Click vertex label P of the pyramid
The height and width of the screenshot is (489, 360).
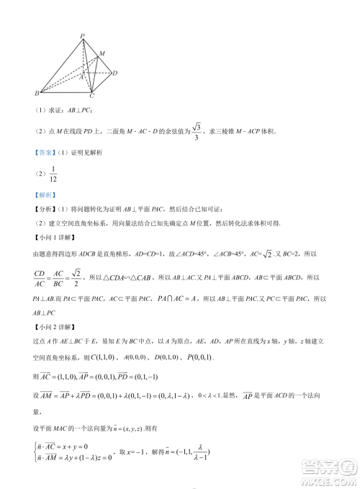(x=83, y=35)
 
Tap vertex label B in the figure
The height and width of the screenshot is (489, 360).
(x=37, y=94)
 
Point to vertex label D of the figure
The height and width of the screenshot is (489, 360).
(x=116, y=72)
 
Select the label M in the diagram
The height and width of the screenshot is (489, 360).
(x=102, y=53)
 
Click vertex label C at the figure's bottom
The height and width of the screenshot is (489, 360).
(x=91, y=97)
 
